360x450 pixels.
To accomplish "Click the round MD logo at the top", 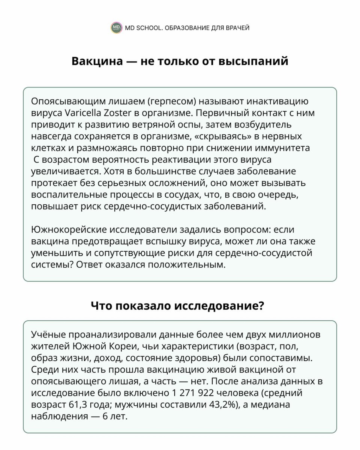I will point(116,28).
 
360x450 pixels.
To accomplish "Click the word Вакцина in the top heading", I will point(97,61).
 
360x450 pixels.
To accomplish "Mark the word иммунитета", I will point(286,148).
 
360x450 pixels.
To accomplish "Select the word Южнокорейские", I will point(65,229).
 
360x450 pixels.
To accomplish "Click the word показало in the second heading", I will point(144,306).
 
